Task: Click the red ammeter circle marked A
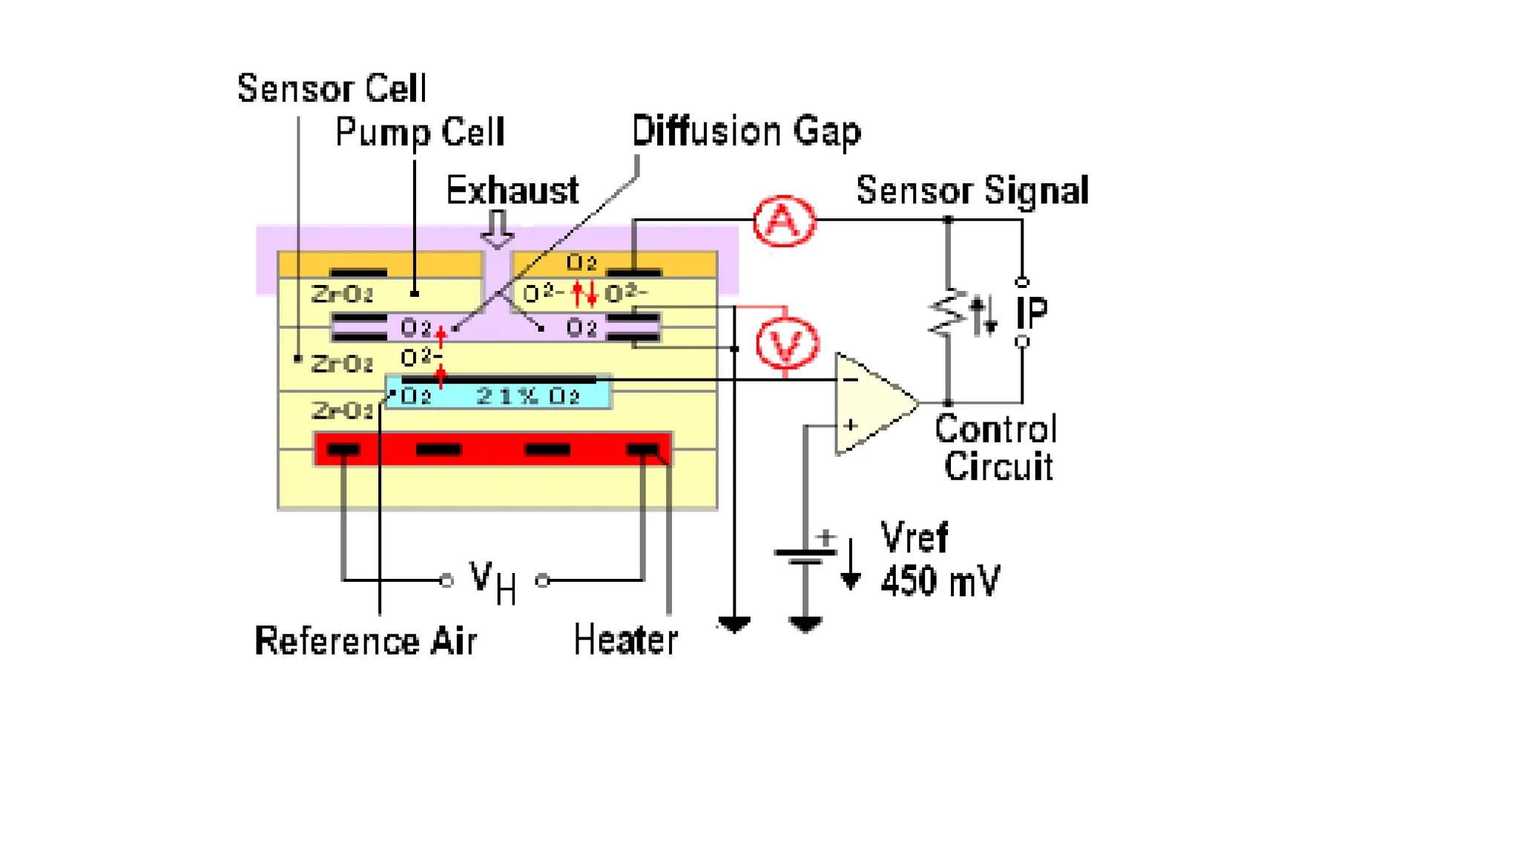(x=784, y=220)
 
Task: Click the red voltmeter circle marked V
(x=786, y=343)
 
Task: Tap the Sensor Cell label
(x=332, y=89)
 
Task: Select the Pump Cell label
(x=420, y=133)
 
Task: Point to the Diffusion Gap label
(x=746, y=131)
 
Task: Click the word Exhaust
(x=512, y=191)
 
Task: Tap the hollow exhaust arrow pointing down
(x=497, y=229)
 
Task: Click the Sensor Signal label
(x=972, y=191)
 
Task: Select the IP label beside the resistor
(x=1032, y=312)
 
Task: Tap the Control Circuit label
(x=996, y=448)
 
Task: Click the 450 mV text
(x=940, y=580)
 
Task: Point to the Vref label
(x=914, y=537)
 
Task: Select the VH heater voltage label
(x=492, y=581)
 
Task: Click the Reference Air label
(x=366, y=641)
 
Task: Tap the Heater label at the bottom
(x=625, y=641)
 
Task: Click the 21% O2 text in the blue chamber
(x=527, y=396)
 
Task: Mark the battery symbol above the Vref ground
(x=805, y=554)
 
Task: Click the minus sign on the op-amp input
(x=850, y=380)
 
